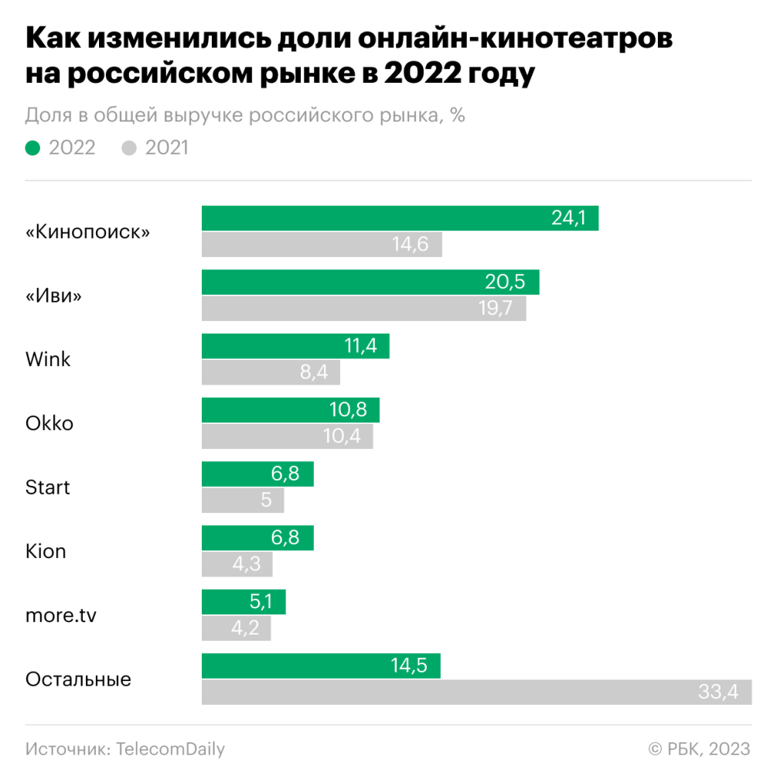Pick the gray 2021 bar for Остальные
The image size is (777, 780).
(464, 692)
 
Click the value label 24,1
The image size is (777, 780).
(569, 218)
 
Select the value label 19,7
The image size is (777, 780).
(496, 309)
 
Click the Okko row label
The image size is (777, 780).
(49, 423)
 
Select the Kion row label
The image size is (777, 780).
(46, 551)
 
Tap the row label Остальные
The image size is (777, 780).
(78, 679)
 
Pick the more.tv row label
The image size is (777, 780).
(61, 615)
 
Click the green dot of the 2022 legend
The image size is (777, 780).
(32, 148)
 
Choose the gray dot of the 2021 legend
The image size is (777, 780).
(129, 148)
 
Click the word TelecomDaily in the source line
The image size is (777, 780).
(171, 749)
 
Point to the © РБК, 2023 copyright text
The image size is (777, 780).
(699, 749)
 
